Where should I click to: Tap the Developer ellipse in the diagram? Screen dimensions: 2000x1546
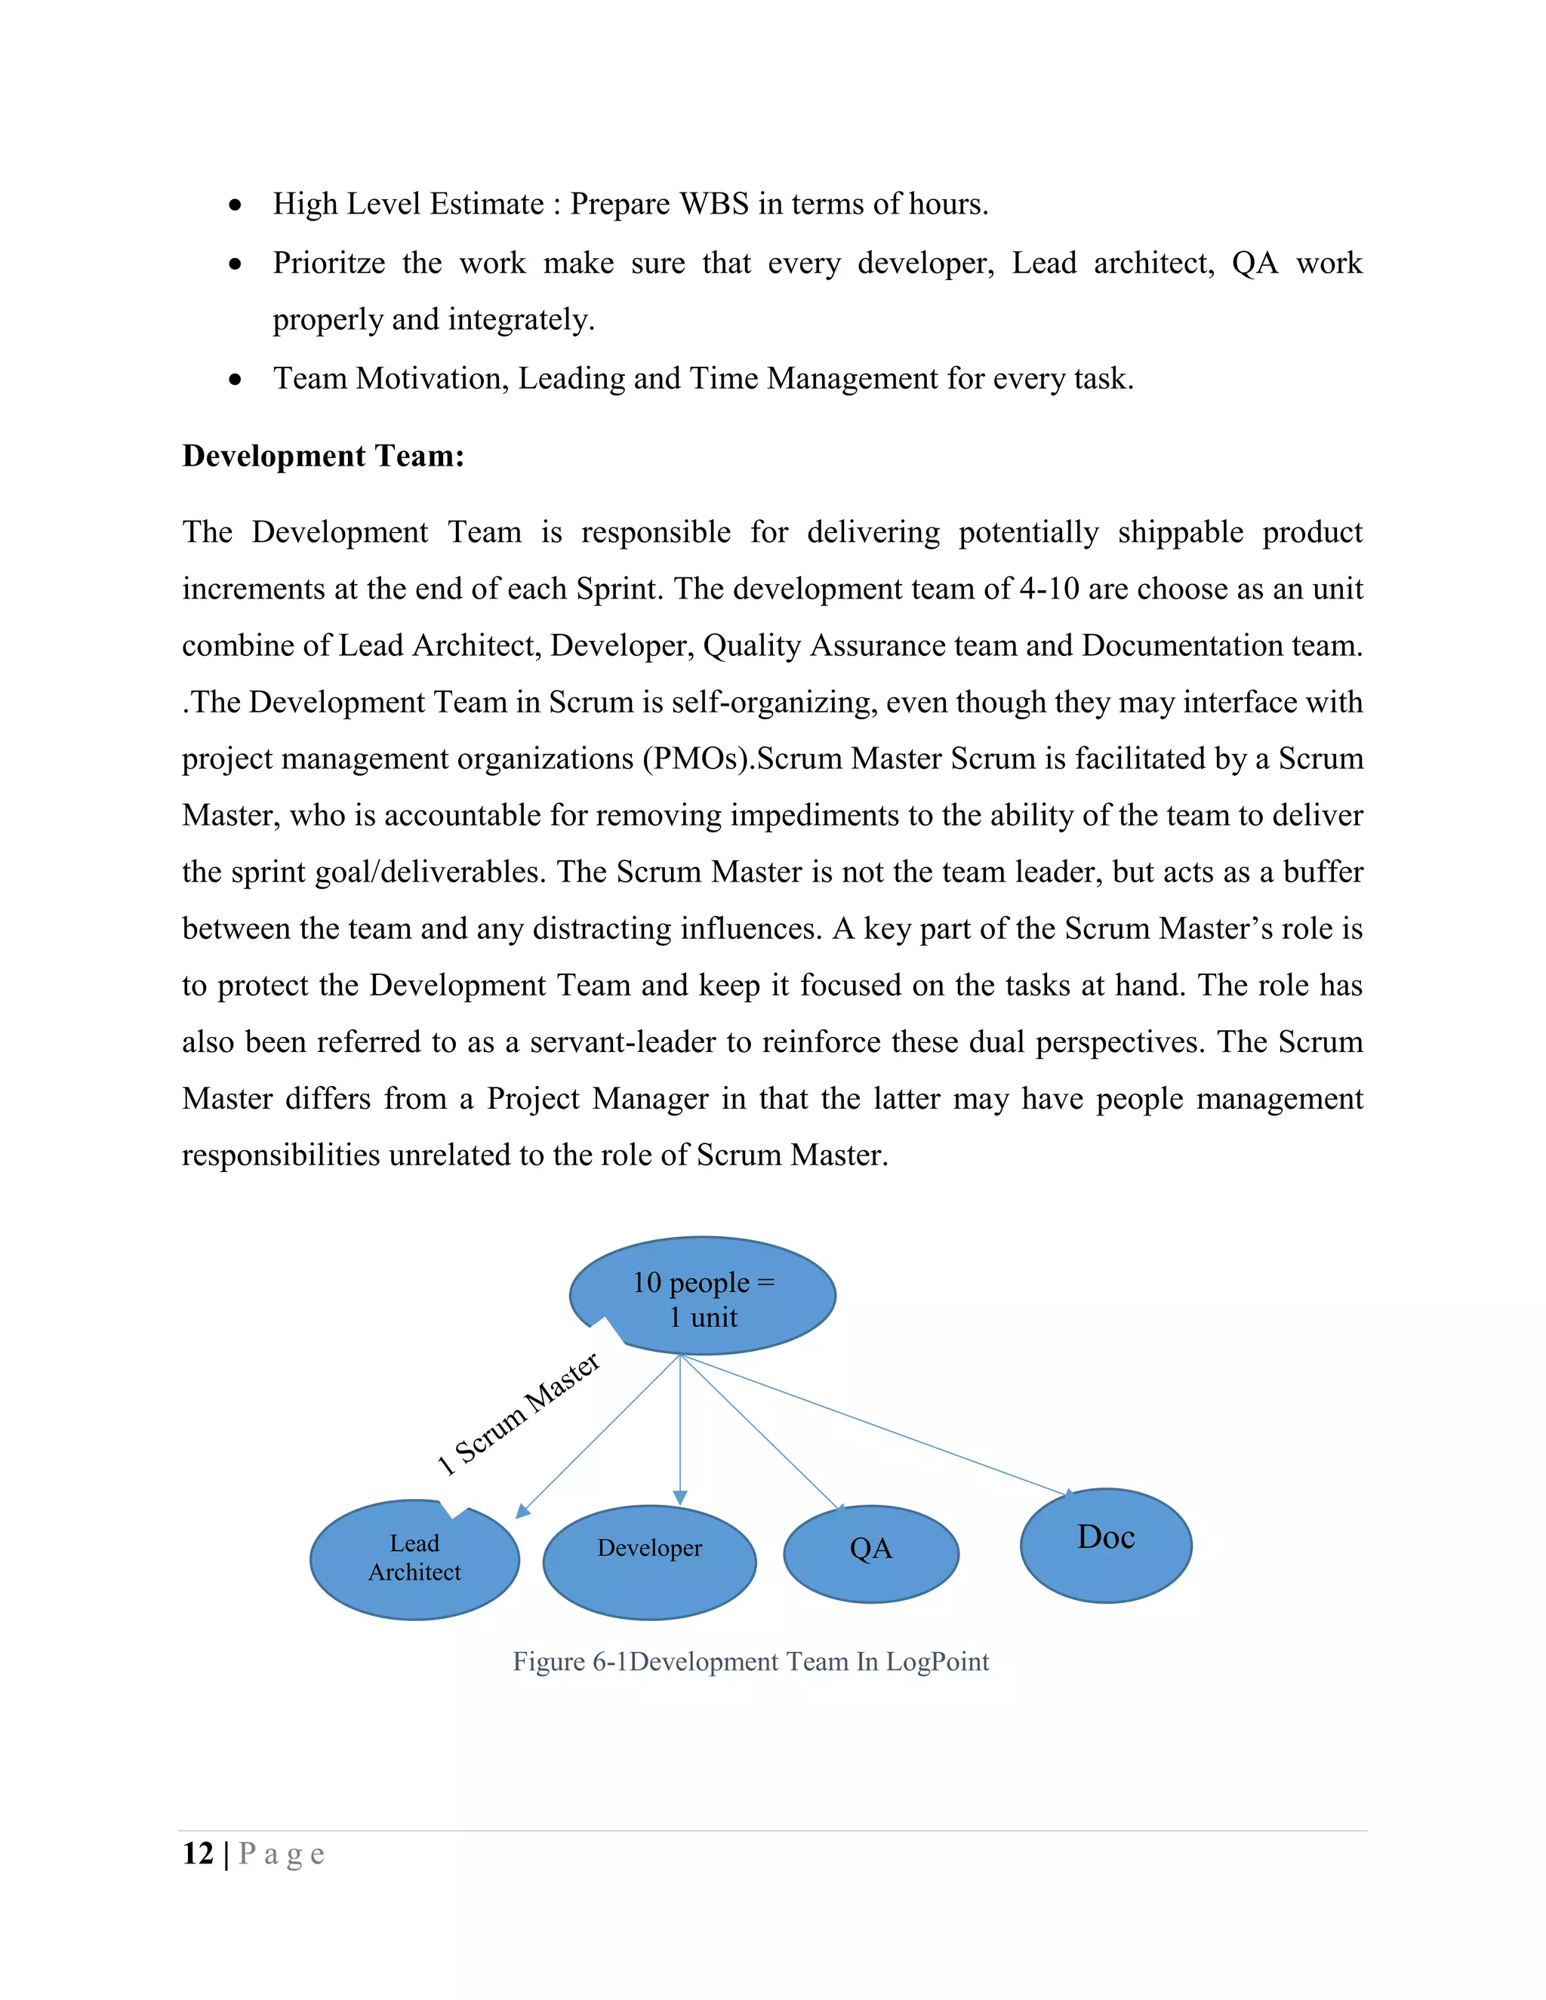649,1562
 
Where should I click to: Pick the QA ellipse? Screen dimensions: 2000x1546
870,1553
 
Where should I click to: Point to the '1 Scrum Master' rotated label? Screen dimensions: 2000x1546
519,1415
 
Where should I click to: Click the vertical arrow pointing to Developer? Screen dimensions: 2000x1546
679,1429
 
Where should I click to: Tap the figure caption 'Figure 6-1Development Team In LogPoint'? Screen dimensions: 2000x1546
750,1661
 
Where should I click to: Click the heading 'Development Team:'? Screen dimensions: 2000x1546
323,456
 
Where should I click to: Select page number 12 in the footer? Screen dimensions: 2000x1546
198,1854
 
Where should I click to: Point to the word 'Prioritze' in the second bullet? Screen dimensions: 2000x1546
329,263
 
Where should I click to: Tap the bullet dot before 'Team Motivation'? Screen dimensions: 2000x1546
236,379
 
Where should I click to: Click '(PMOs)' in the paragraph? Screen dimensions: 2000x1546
698,759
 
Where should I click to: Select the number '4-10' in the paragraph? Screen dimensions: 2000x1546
1049,589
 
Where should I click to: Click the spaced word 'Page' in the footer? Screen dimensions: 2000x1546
281,1854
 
